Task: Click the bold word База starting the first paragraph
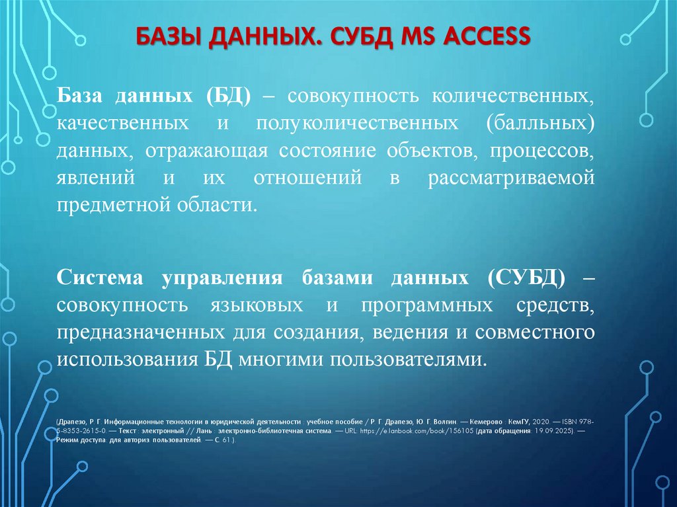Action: coord(81,97)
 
